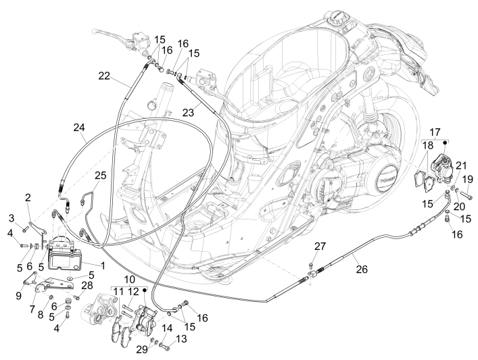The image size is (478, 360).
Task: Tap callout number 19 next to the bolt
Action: click(465, 179)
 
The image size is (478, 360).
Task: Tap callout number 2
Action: click(28, 197)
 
